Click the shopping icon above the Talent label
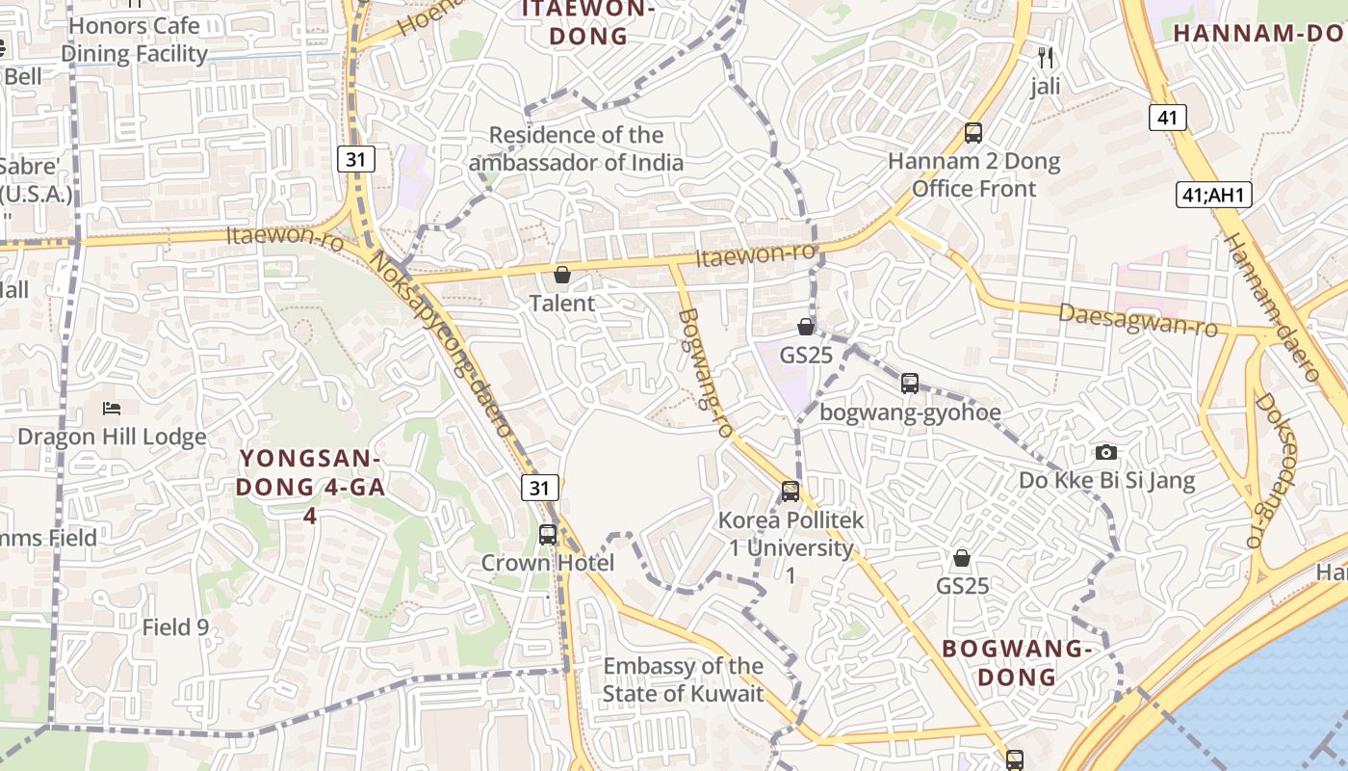(562, 276)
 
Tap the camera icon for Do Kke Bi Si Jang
(1106, 452)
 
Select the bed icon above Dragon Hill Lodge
(112, 409)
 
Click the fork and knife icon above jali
(1046, 58)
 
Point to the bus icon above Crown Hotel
(548, 534)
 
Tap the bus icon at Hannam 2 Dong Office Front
(973, 133)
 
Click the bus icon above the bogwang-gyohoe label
(910, 384)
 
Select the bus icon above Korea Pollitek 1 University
(791, 492)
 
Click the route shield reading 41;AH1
(1213, 195)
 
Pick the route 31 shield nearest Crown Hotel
(539, 488)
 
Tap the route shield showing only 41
(1167, 118)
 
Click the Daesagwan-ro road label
(1138, 320)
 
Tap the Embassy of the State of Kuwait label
(684, 679)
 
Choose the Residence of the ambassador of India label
(576, 148)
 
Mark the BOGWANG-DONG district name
(1017, 662)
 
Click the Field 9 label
(175, 627)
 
